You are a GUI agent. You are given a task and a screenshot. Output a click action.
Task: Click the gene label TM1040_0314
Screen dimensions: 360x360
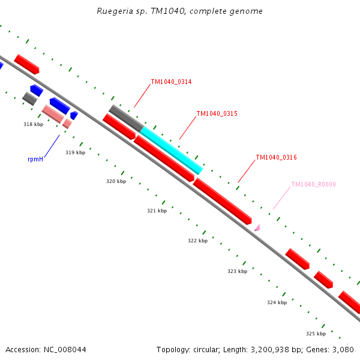171,82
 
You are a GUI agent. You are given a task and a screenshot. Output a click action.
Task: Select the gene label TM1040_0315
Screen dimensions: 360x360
217,113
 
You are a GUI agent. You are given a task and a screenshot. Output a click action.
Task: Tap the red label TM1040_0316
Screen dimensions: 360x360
276,157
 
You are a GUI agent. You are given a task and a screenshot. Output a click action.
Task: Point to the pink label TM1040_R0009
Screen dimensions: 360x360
313,185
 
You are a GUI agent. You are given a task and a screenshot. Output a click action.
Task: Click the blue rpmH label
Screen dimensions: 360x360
35,160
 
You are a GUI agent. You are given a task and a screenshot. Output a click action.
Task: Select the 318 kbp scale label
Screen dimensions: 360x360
33,124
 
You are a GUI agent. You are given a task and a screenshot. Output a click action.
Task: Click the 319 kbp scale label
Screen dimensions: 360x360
75,152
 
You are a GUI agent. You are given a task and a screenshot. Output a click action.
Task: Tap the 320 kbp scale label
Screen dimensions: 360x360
116,181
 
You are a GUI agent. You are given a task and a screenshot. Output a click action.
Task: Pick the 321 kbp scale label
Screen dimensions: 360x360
157,211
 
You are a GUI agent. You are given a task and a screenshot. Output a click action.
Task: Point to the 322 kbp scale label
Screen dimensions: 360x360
197,241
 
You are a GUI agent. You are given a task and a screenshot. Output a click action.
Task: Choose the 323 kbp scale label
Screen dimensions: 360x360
237,271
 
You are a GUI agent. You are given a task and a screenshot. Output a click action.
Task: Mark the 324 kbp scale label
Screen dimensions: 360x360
277,302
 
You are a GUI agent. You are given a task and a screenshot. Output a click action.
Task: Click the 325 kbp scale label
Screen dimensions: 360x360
316,334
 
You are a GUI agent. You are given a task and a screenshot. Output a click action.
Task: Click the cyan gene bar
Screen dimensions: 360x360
171,150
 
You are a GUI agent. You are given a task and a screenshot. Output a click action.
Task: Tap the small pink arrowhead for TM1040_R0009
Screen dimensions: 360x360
257,227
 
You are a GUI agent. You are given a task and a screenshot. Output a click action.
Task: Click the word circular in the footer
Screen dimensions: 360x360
206,349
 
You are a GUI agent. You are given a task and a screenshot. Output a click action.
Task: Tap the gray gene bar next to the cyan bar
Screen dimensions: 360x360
126,118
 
